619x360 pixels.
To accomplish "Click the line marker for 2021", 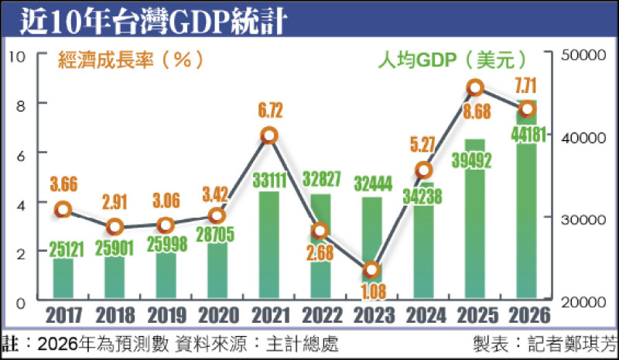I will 268,135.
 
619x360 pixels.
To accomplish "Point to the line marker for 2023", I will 371,270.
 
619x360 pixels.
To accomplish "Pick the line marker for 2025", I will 475,87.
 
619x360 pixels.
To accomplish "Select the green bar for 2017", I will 63,279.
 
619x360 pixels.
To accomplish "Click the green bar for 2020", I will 217,271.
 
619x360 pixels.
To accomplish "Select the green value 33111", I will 268,181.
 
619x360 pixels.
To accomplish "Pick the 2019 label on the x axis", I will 166,316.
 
